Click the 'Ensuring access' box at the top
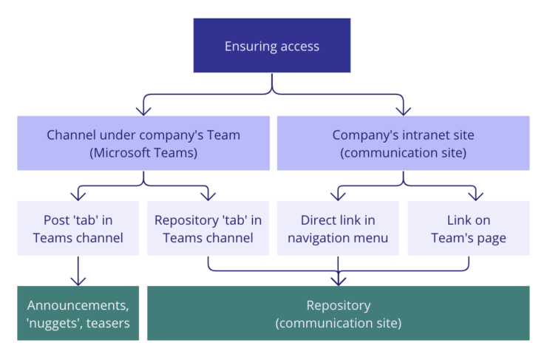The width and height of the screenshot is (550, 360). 272,46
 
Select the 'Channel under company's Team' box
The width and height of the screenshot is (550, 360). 143,143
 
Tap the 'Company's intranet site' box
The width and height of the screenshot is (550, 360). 403,143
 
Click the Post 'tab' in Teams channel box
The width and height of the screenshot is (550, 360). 78,228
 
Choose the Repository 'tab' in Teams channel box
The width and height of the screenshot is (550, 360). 208,228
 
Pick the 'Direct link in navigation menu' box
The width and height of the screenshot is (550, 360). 338,228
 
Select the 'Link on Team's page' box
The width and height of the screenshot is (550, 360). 469,228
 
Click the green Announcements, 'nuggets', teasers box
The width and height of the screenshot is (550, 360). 78,313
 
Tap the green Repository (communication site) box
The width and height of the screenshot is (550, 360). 338,313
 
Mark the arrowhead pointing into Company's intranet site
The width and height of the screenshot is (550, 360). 403,111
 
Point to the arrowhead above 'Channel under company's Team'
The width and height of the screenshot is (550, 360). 143,111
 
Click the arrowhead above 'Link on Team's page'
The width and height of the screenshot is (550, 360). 476,196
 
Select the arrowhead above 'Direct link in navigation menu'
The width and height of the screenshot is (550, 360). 338,196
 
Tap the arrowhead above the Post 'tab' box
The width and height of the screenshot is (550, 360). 78,196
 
